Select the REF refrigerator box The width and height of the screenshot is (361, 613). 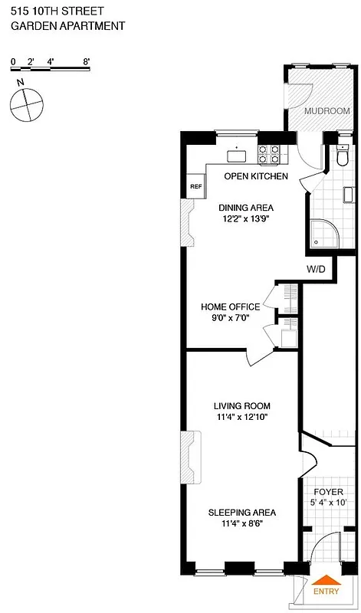[195, 186]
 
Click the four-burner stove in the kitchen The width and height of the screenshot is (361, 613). [269, 154]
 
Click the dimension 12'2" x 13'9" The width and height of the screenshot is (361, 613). [245, 218]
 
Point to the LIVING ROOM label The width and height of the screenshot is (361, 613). [241, 406]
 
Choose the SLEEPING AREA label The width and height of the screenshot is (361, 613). [242, 513]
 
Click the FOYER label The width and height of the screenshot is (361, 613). [329, 492]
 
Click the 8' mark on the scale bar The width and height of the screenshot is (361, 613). [87, 60]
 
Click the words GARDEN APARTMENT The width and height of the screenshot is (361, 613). [67, 26]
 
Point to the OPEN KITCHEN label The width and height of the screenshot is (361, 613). [256, 176]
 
